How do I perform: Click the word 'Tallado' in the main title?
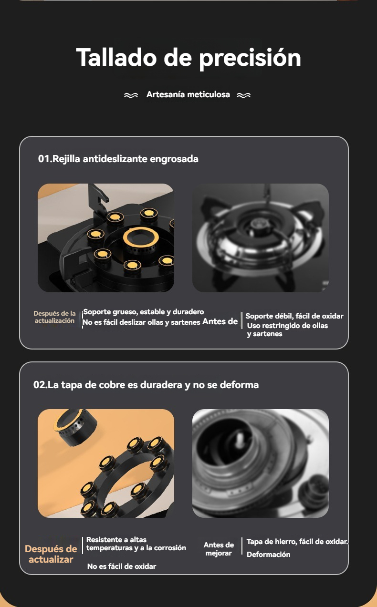coord(116,57)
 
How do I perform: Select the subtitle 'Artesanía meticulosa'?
coord(188,94)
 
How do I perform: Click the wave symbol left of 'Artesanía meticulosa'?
coord(131,95)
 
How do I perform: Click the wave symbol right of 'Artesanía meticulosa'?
coord(243,95)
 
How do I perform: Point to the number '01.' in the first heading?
coord(45,159)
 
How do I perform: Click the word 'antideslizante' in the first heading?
coord(115,159)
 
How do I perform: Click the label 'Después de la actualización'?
coord(54,317)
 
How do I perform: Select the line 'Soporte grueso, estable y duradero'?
coord(144,312)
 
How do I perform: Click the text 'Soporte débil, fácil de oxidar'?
coord(294,316)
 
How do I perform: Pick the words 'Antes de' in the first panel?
coord(220,321)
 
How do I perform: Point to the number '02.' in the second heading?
coord(40,385)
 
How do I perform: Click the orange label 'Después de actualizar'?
coord(51,554)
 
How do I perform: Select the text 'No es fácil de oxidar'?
coord(122,566)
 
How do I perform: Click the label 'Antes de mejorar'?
coord(219,549)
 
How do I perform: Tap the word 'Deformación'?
coord(268,555)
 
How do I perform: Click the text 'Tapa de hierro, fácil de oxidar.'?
coord(297,542)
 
